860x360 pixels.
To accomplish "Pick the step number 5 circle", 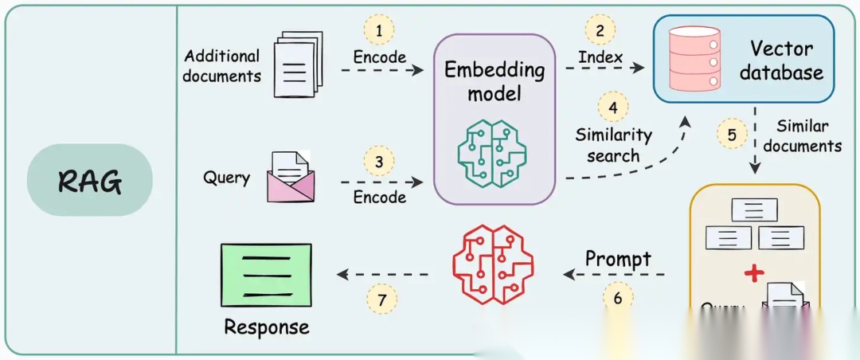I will pyautogui.click(x=731, y=133).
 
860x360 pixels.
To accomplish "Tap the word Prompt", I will pyautogui.click(x=618, y=259).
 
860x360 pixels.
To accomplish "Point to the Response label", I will pyautogui.click(x=266, y=327).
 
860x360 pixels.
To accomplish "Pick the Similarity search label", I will pyautogui.click(x=613, y=145).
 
